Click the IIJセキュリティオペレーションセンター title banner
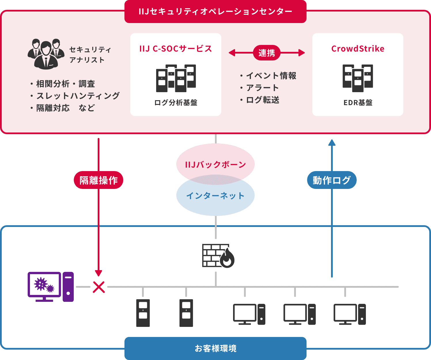click(215, 12)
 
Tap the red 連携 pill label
click(266, 53)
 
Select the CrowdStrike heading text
click(358, 49)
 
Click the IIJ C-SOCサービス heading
click(175, 49)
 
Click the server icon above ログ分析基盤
click(176, 78)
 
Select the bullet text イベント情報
click(271, 76)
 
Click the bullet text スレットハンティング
click(78, 96)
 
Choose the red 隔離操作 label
click(99, 180)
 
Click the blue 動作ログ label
click(332, 180)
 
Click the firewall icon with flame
click(218, 256)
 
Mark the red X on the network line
click(99, 287)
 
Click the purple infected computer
click(51, 287)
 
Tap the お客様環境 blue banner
click(215, 348)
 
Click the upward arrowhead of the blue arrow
click(332, 142)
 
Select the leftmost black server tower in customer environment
click(143, 313)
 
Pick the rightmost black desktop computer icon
click(349, 314)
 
